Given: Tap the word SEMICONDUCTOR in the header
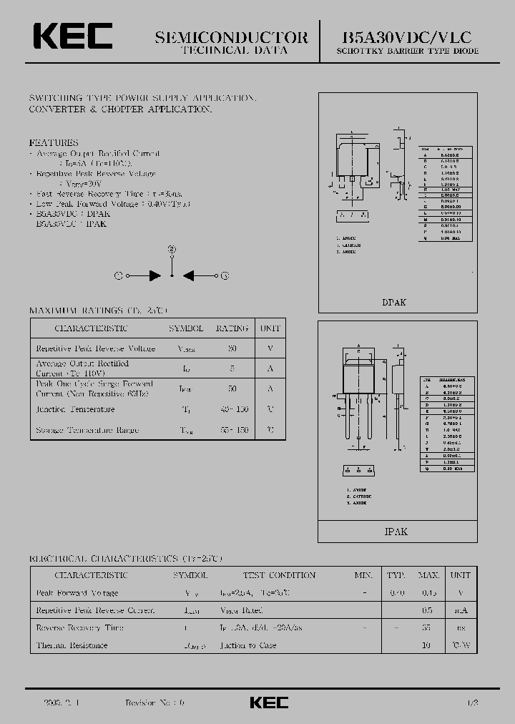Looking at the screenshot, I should coord(231,38).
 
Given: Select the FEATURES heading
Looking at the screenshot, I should coord(54,142).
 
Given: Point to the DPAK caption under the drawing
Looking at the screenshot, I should coord(394,303).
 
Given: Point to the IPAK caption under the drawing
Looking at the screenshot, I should coord(396,532).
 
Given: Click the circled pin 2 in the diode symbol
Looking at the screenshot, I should coord(172,249).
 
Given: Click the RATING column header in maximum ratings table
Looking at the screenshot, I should coord(232,328).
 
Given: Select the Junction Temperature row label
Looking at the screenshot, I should coord(75,409).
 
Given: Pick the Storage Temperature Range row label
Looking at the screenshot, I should coord(87,430).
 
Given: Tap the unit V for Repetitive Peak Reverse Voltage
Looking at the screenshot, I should coord(270,348).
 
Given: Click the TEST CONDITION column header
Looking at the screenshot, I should coord(279,575).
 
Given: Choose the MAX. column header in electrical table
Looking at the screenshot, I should coord(428,575).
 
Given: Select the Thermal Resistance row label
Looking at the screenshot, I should coord(72,645).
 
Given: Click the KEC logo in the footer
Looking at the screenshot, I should coord(269,703).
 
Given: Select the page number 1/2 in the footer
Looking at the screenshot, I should coord(472,703).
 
